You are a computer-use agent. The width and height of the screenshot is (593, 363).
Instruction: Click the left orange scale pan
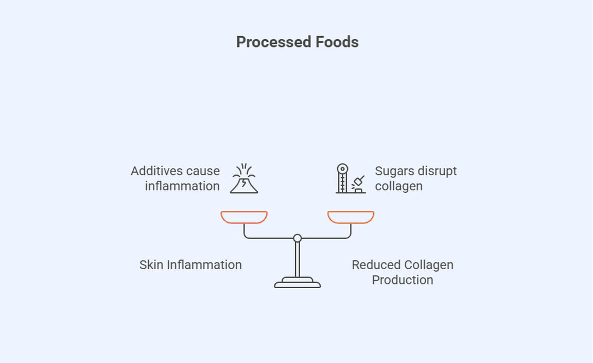[x=244, y=217]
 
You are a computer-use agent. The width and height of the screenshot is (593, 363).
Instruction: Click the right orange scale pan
[x=351, y=217]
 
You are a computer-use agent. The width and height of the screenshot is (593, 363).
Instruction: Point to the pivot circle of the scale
[x=298, y=238]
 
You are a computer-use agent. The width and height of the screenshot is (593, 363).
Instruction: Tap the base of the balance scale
[x=298, y=283]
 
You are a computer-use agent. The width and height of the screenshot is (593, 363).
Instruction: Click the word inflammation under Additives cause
[x=182, y=186]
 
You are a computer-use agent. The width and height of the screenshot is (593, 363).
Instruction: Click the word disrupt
[x=438, y=171]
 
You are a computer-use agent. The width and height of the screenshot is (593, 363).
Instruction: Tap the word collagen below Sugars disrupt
[x=398, y=186]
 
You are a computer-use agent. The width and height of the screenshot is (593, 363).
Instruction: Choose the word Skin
[x=150, y=265]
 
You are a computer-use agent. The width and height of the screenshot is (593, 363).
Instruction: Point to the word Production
[x=403, y=280]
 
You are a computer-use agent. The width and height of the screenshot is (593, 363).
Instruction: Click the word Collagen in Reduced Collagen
[x=428, y=265]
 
